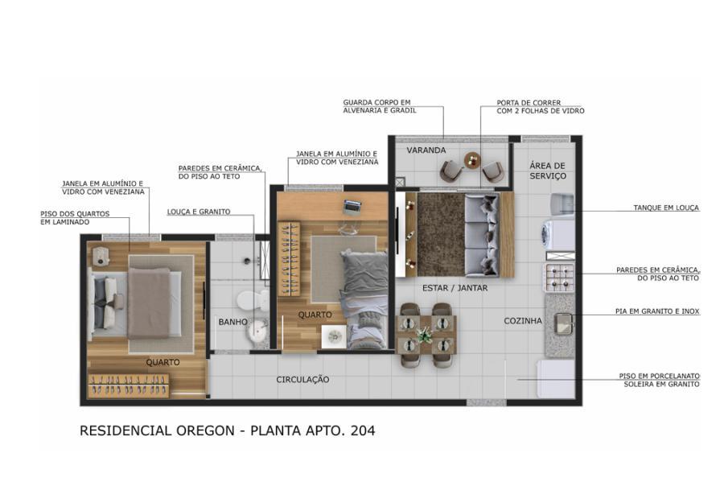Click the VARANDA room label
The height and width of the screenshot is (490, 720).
tap(426, 150)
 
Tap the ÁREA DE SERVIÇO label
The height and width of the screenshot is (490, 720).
tap(548, 171)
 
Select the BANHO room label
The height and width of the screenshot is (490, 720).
tap(232, 322)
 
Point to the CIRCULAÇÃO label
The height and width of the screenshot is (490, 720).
tap(302, 379)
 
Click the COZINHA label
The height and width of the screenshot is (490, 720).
tap(523, 320)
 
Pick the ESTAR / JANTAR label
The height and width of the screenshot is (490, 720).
tap(455, 287)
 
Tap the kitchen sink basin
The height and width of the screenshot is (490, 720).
tap(564, 323)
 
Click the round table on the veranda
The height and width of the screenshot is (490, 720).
tap(472, 160)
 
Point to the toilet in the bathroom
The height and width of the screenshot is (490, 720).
tap(260, 303)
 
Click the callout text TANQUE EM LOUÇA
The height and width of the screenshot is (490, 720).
tap(665, 208)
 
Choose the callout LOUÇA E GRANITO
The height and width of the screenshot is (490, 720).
tap(199, 212)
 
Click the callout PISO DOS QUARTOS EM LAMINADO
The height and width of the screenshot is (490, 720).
tap(74, 217)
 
